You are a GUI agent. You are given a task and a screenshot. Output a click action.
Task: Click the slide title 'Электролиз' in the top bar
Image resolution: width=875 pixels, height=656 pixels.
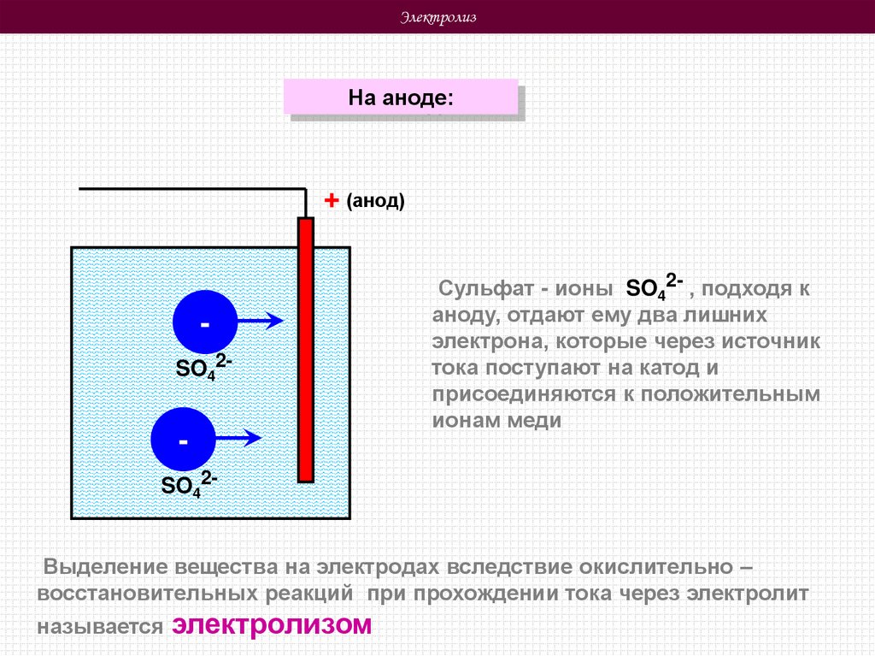click(438, 18)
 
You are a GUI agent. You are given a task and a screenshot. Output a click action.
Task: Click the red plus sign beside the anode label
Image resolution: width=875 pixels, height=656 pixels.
click(332, 200)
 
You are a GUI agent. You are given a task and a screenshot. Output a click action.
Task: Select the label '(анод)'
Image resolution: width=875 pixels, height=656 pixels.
click(375, 201)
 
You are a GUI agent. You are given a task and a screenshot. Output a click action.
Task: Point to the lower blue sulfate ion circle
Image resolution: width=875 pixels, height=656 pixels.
click(183, 438)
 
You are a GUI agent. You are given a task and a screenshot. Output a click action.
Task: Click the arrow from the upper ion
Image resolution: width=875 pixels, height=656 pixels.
click(260, 322)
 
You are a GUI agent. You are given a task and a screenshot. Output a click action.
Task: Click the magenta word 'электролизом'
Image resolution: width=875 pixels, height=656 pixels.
click(273, 624)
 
